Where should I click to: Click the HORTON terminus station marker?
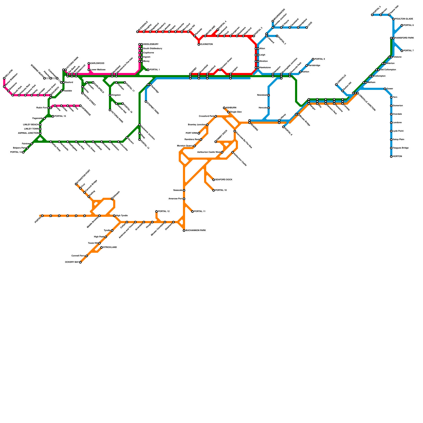pos(391,157)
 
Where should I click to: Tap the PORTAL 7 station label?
pos(409,51)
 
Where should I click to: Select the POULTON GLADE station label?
pos(404,19)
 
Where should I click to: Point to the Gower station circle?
pos(385,89)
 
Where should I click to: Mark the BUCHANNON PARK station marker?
pos(184,231)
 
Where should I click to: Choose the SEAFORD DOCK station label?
pos(224,180)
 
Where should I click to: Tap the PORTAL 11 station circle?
pos(192,212)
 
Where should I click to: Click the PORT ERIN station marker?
pos(199,133)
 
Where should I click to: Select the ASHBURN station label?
pos(231,108)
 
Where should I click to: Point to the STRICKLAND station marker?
pos(102,247)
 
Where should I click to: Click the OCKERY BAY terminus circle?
pos(80,262)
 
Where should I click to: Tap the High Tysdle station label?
pos(122,216)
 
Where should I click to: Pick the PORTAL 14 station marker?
pos(23,152)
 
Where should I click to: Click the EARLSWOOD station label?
pos(97,63)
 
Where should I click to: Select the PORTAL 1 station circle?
pos(148,70)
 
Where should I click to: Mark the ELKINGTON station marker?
pos(199,44)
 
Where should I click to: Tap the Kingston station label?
pos(116,95)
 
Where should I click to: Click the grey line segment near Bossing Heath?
pos(54,78)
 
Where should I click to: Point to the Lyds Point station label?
pos(397,131)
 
